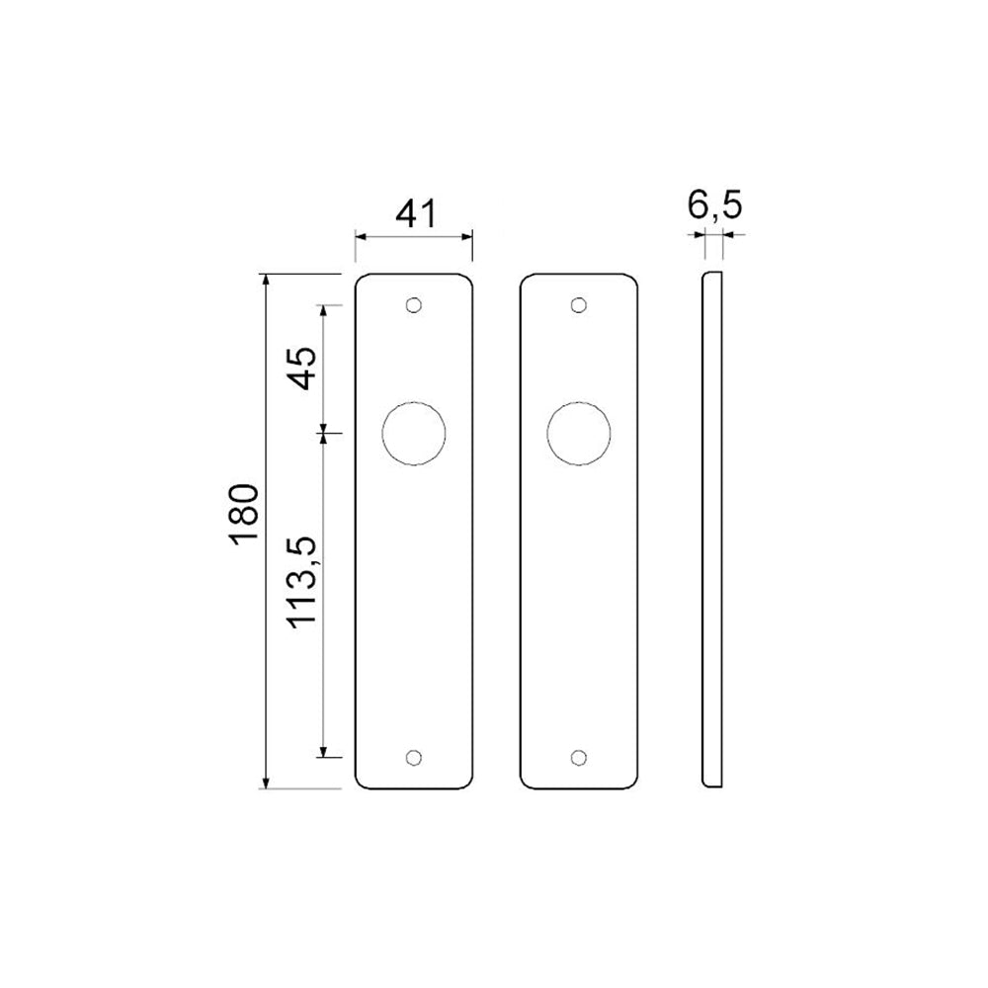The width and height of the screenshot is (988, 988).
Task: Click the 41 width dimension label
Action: (x=415, y=214)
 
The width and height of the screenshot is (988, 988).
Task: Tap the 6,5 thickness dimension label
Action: (x=714, y=206)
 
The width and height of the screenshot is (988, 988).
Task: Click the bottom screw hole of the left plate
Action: (x=414, y=757)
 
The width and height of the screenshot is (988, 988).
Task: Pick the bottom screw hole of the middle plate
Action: (x=579, y=757)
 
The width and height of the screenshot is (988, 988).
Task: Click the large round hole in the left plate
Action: (x=414, y=433)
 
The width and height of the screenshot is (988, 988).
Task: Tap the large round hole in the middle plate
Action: (x=579, y=433)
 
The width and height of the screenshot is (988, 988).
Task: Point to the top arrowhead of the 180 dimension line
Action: (x=265, y=281)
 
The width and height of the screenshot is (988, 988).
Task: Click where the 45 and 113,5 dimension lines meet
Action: (x=323, y=433)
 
